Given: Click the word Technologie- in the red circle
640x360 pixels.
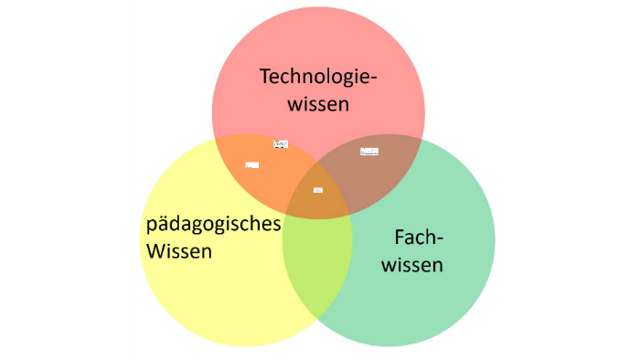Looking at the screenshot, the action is point(318,77).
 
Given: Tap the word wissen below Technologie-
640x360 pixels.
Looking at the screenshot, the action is point(318,104).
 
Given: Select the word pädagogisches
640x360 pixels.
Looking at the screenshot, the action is point(213,225).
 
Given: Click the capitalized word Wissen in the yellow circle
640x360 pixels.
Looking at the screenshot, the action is point(179,250).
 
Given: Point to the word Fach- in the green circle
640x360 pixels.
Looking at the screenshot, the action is point(419,238).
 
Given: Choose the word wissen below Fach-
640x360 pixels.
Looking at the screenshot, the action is point(412,266).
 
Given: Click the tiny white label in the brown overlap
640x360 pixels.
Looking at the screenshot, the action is point(369,152).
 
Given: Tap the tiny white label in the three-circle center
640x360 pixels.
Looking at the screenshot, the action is point(318,190).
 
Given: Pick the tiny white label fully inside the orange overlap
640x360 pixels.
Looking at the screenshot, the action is point(252,165).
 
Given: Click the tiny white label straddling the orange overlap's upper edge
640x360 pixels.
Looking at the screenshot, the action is point(281,143).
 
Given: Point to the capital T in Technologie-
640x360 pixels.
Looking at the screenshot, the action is point(265,77).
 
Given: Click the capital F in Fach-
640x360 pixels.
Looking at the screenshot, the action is point(400,238).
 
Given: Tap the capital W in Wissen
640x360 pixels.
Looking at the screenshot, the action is point(155,250).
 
